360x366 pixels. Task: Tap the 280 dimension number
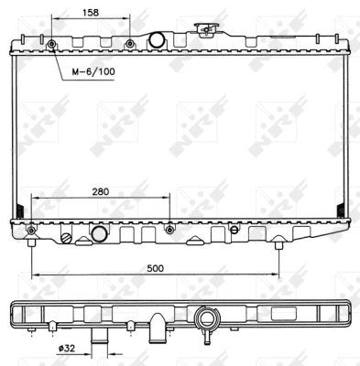pyautogui.click(x=101, y=192)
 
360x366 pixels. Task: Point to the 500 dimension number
pyautogui.click(x=155, y=268)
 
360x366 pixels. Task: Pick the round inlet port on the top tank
pyautogui.click(x=156, y=39)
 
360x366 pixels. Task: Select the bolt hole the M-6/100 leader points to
pyautogui.click(x=51, y=45)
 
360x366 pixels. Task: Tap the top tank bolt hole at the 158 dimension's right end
pyautogui.click(x=129, y=45)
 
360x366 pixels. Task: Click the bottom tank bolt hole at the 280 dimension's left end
pyautogui.click(x=32, y=228)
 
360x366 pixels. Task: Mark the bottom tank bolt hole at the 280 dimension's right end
pyautogui.click(x=169, y=228)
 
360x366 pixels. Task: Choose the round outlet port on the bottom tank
pyautogui.click(x=100, y=234)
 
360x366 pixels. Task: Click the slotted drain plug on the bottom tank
pyautogui.click(x=66, y=237)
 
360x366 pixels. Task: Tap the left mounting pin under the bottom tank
pyautogui.click(x=32, y=242)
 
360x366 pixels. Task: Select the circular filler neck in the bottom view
pyautogui.click(x=208, y=320)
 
